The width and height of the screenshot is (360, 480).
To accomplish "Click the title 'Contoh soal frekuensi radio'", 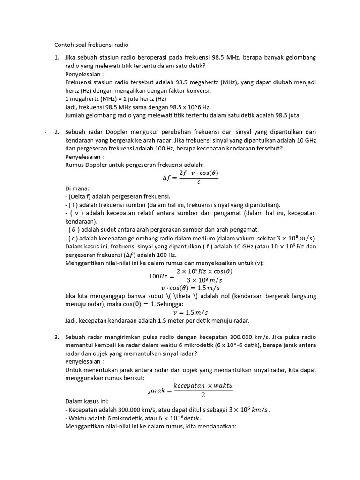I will (91, 45).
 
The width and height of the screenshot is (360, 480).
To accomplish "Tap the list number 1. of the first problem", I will (57, 58).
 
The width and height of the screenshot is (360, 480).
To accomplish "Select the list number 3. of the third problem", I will (57, 337).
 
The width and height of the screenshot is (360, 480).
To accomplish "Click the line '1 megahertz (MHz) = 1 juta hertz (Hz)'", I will (116, 99).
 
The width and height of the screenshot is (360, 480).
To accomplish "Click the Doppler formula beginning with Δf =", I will (187, 177).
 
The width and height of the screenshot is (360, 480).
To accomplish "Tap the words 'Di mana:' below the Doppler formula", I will (77, 188).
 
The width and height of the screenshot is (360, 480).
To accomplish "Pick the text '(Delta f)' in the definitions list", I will (80, 196).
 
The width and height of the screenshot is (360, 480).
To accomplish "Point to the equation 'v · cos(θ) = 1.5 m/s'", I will (190, 287).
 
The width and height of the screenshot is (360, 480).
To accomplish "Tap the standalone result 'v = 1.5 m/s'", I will (190, 313).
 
